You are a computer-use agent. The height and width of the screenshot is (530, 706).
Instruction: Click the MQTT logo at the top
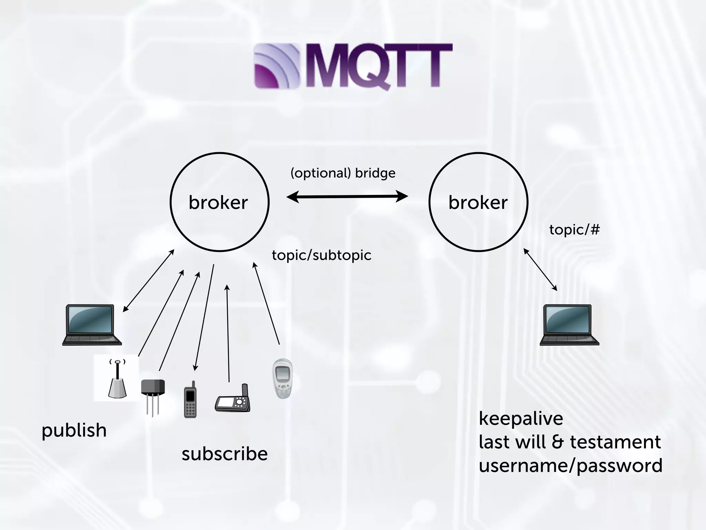[x=353, y=66]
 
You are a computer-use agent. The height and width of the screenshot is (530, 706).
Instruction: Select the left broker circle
[x=219, y=202]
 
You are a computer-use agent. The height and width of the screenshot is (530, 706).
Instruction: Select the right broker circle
[x=478, y=202]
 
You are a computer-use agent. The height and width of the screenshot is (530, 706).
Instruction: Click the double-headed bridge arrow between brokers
[x=347, y=197]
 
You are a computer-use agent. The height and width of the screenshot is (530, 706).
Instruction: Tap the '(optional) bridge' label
[x=343, y=173]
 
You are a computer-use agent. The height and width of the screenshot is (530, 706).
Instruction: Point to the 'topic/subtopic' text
[x=321, y=255]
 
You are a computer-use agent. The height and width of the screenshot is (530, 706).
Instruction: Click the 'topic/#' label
[x=574, y=229]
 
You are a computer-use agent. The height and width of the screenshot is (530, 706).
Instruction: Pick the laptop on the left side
[x=92, y=325]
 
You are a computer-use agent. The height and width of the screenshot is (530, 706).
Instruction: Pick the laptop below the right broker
[x=569, y=325]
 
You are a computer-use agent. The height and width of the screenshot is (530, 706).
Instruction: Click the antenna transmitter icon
[x=117, y=379]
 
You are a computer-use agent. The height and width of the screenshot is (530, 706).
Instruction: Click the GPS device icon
[x=233, y=400]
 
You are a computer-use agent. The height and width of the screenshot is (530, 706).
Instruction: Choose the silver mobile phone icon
[x=282, y=379]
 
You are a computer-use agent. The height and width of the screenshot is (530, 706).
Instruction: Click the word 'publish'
[x=74, y=431]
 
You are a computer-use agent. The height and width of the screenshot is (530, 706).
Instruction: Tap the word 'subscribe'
[x=224, y=454]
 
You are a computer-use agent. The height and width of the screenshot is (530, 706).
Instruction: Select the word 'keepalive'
[x=521, y=419]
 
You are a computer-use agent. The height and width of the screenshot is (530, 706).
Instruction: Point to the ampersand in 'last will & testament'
[x=557, y=442]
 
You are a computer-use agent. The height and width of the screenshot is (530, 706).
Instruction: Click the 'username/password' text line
[x=571, y=466]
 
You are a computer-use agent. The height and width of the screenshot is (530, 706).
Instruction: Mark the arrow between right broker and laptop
[x=540, y=269]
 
